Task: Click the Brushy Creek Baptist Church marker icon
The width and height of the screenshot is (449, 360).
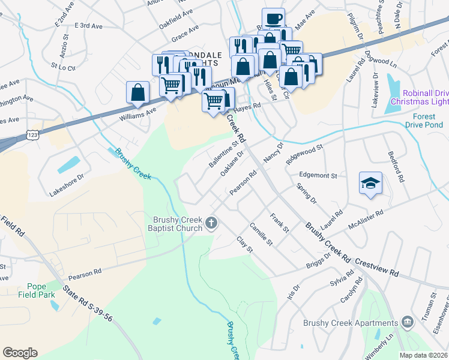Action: (x=211, y=224)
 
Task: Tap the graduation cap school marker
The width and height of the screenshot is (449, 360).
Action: (x=370, y=183)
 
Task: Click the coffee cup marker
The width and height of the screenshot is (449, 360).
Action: (x=274, y=19)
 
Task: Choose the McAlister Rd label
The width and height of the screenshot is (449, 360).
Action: (x=366, y=220)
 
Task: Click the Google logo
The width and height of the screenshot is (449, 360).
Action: (x=20, y=353)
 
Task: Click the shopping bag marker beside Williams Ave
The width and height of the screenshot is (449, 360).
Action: (x=137, y=92)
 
